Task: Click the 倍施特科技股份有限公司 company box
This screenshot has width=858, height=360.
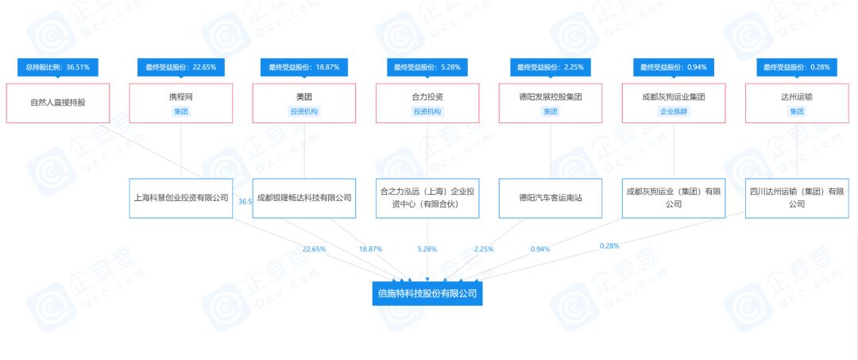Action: [427, 293]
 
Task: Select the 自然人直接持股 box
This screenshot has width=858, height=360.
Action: [57, 103]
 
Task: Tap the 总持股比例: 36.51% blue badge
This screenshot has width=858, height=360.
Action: [57, 68]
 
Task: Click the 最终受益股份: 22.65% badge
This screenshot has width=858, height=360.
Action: [181, 68]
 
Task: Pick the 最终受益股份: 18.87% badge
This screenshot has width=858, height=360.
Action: [304, 68]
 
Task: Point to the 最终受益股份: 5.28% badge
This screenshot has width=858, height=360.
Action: [427, 68]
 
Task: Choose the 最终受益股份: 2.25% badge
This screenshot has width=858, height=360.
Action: [551, 68]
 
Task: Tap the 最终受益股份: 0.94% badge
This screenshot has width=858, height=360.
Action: [674, 68]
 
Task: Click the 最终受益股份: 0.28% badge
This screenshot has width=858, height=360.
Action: [797, 68]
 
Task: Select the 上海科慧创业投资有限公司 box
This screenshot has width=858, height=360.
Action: [181, 198]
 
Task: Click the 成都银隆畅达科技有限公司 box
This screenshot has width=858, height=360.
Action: [304, 198]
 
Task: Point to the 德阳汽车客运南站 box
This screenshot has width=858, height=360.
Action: [551, 198]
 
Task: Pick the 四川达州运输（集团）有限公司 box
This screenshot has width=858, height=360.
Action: [797, 198]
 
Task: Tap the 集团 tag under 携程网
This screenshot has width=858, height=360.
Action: [181, 111]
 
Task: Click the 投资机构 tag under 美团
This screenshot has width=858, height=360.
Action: [304, 111]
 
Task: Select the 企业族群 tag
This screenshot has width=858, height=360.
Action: [674, 111]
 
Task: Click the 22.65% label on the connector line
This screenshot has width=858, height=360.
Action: [314, 249]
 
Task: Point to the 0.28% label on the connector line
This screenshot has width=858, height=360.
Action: [609, 246]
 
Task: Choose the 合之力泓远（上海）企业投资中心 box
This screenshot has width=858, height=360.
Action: [427, 198]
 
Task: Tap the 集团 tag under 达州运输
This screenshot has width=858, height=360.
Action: [797, 111]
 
